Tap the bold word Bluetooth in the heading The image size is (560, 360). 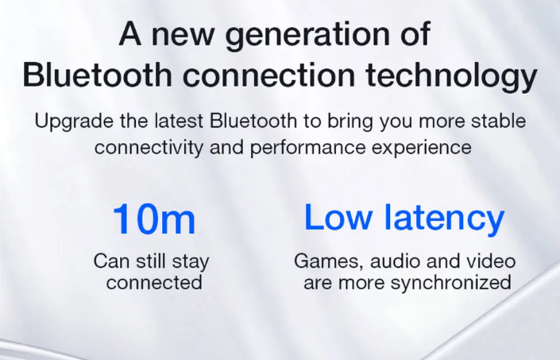pos(98,74)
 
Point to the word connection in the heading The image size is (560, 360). pos(269,75)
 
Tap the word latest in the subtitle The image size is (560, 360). pos(179,121)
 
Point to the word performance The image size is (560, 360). pos(308,148)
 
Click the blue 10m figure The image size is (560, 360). pos(154,219)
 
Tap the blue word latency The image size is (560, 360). pos(444,219)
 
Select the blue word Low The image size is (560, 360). pos(338,218)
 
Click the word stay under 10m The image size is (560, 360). pos(191,261)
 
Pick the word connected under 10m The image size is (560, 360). pos(154,282)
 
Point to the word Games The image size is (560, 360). pos(329,261)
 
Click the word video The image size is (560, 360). pos(493,261)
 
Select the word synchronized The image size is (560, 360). pos(451,283)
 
